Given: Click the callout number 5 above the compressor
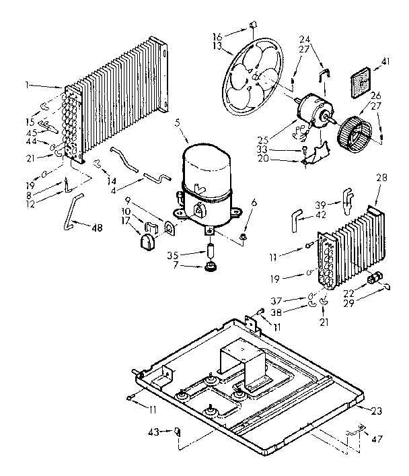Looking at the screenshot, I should click(x=176, y=123).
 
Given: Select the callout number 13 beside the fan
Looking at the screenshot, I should click(x=217, y=47).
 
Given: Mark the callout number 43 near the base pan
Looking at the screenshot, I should click(x=154, y=432).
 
